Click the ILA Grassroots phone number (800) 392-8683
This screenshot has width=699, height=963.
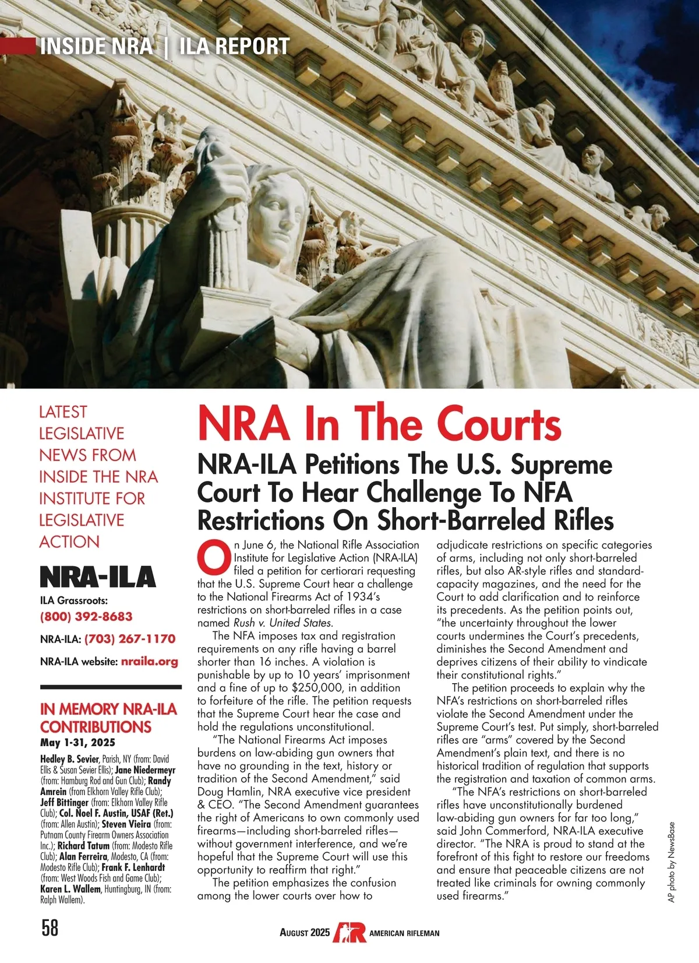click(86, 617)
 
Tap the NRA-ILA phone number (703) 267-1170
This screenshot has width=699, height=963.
click(130, 639)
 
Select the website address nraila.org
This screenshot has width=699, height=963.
click(149, 662)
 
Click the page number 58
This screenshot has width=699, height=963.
click(50, 927)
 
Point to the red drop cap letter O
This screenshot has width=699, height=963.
click(214, 557)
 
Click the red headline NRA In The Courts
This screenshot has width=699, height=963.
click(379, 424)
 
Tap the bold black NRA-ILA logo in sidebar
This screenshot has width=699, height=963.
click(98, 577)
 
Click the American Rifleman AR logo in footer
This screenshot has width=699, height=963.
click(349, 932)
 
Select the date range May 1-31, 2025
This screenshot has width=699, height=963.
click(77, 743)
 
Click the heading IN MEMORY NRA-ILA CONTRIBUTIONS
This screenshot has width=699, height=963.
click(108, 718)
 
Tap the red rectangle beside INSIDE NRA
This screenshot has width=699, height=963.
click(17, 46)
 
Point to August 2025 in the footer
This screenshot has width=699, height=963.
click(305, 933)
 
